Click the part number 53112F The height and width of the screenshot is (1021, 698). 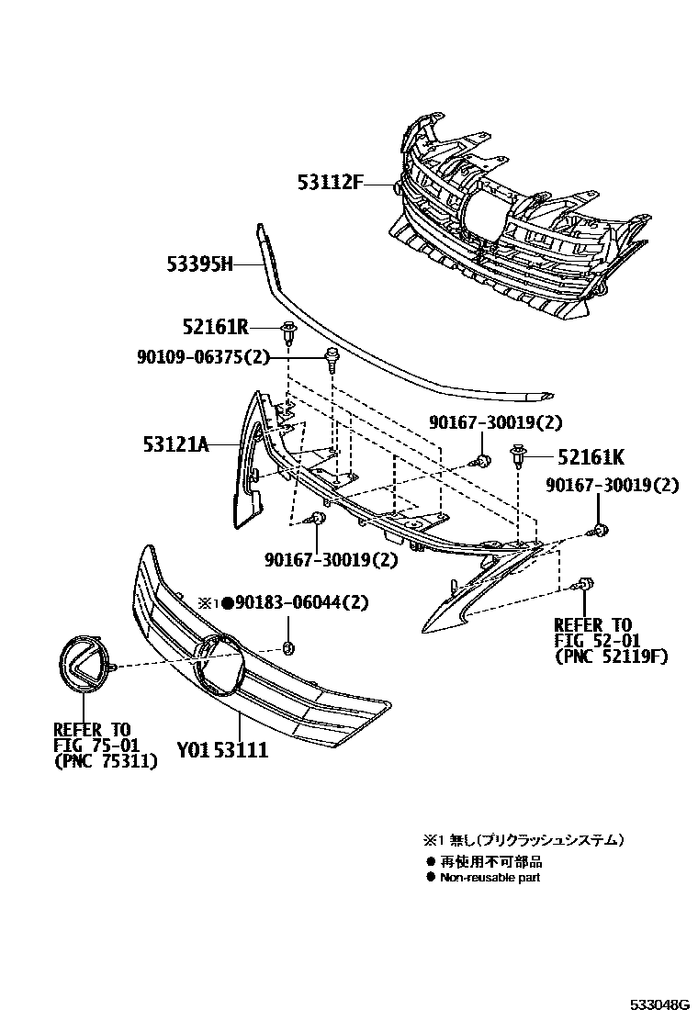coord(329,183)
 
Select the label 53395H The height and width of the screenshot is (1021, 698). coord(199,265)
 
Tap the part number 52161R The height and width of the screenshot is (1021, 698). coord(216,327)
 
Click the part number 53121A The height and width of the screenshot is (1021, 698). coord(175,445)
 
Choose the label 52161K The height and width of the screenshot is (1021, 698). coord(588,455)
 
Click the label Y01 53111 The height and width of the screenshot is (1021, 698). coord(222,750)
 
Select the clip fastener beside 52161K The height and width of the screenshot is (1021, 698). coord(516,453)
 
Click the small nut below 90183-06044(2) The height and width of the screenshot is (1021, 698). coord(287,649)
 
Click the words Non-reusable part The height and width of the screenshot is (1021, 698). coord(490,878)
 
